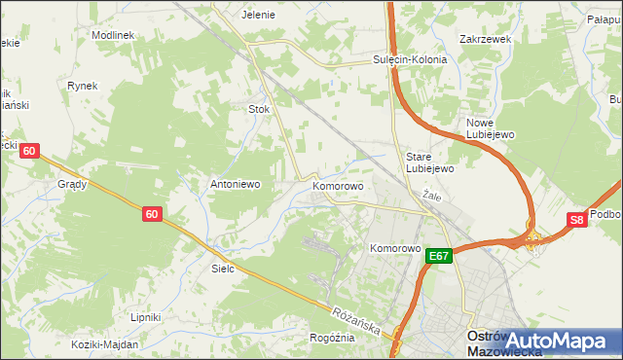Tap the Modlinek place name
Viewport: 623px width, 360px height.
click(x=113, y=34)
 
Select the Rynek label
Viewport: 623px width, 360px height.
click(x=83, y=86)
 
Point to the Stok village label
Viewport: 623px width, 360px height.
click(x=259, y=109)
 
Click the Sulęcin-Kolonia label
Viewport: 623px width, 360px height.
click(x=410, y=59)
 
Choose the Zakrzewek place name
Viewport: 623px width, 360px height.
click(x=485, y=40)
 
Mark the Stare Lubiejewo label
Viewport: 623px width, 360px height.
click(x=429, y=162)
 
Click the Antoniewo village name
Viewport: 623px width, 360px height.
click(x=235, y=183)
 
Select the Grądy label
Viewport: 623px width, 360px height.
click(x=72, y=183)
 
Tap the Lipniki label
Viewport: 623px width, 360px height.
click(x=145, y=317)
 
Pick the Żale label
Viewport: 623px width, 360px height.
click(x=432, y=196)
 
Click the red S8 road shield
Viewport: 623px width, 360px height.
click(x=577, y=221)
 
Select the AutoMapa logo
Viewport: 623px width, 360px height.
click(x=559, y=340)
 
